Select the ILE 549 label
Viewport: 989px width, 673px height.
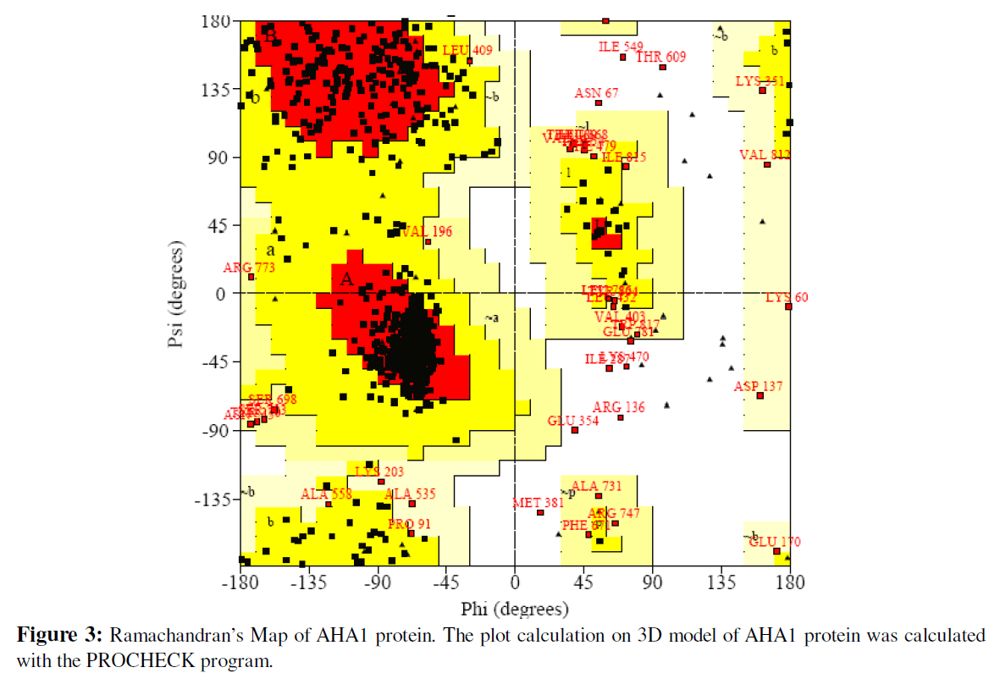point(621,47)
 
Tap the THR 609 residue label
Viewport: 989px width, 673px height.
point(661,57)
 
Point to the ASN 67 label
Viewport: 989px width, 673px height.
point(596,93)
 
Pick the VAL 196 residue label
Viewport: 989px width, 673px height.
point(427,232)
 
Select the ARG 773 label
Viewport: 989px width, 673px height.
point(249,268)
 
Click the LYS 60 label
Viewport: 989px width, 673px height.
point(787,297)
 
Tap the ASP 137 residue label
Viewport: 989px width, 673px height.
point(758,386)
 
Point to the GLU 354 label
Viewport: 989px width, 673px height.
point(572,421)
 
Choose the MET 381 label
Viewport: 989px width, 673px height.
point(538,503)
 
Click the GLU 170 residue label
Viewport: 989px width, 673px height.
point(775,542)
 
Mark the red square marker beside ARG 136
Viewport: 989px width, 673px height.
point(621,417)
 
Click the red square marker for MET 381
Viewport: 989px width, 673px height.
point(540,512)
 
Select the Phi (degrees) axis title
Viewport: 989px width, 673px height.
point(514,609)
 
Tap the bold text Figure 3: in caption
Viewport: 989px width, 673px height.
point(58,636)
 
